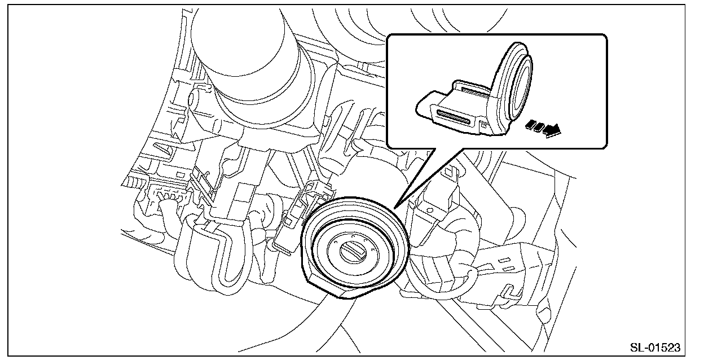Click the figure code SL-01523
click(655, 348)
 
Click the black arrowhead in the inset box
click(553, 130)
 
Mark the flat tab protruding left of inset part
click(425, 104)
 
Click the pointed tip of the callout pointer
click(395, 208)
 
